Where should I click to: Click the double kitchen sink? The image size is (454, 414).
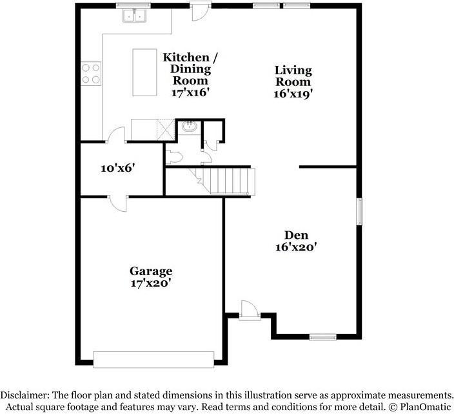coord(134,16)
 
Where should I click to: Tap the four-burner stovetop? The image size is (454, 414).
coord(91,74)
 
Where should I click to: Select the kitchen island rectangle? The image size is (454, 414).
coord(144,72)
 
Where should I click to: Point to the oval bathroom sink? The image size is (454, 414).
coord(190,127)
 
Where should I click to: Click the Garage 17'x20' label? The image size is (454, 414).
coord(151,277)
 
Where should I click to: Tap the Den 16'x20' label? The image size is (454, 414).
coord(296,241)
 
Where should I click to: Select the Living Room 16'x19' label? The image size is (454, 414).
coord(293,82)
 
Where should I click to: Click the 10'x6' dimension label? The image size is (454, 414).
coord(118,168)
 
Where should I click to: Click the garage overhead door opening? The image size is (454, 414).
coord(153,360)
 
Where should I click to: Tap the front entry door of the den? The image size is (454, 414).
coord(250,311)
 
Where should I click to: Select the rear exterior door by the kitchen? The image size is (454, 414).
coord(200,12)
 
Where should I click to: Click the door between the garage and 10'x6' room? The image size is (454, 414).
coord(118,203)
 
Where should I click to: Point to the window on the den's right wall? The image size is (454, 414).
coord(359,211)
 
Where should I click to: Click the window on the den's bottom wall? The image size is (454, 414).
coord(323,337)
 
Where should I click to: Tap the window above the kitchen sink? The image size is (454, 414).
coord(133,5)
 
